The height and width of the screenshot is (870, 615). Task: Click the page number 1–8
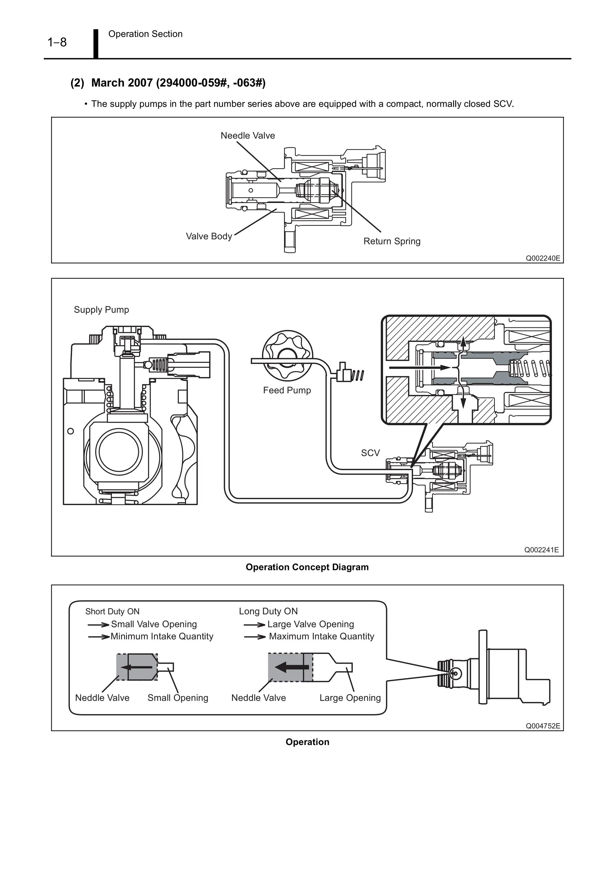[x=57, y=42]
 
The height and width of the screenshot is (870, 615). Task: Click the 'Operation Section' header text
[x=145, y=34]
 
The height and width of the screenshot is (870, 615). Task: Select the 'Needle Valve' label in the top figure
[x=247, y=136]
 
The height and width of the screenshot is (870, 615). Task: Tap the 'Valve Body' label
[x=209, y=236]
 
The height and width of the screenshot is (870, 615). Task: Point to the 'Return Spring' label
[x=392, y=241]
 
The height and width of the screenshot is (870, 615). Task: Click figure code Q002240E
[x=542, y=259]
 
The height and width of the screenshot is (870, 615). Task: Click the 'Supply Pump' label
[x=101, y=310]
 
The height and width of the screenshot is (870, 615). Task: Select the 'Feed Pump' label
[x=287, y=390]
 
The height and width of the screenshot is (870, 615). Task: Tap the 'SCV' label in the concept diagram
[x=370, y=453]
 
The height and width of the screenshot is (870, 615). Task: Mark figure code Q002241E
[x=541, y=550]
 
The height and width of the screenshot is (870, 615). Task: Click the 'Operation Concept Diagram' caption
[x=307, y=567]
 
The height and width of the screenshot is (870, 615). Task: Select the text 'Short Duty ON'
[x=112, y=611]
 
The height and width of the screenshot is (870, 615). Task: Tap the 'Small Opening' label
[x=178, y=698]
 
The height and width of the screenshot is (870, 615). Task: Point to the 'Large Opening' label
[x=350, y=698]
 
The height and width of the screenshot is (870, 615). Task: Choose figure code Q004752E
[x=542, y=726]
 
